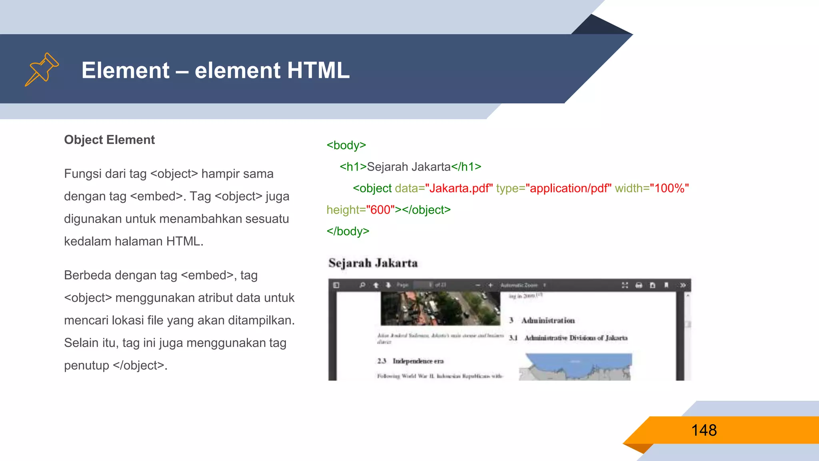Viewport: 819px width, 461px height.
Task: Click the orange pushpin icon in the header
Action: pyautogui.click(x=42, y=69)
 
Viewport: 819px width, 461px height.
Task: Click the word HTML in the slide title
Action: pyautogui.click(x=318, y=70)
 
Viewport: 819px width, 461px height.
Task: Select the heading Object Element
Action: pyautogui.click(x=109, y=140)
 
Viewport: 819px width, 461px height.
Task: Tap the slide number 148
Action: pyautogui.click(x=704, y=430)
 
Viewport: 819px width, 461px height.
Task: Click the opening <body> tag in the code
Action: pyautogui.click(x=346, y=145)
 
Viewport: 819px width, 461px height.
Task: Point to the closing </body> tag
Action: pyautogui.click(x=348, y=231)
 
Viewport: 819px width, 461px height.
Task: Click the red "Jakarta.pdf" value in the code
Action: pyautogui.click(x=459, y=188)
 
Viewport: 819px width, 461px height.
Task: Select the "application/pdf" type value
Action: pyautogui.click(x=568, y=188)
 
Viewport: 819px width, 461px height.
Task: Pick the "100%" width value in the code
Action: pyautogui.click(x=669, y=188)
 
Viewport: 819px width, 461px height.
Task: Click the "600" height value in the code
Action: pyautogui.click(x=380, y=210)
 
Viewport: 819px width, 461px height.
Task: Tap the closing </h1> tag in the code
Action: pyautogui.click(x=466, y=166)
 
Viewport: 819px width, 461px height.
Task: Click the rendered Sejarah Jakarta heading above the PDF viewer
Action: pyautogui.click(x=373, y=263)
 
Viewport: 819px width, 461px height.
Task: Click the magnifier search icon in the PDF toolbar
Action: pyautogui.click(x=362, y=285)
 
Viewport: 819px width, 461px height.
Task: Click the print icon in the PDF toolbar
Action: pyautogui.click(x=639, y=285)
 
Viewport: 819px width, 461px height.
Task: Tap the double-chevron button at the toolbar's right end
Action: pyautogui.click(x=683, y=285)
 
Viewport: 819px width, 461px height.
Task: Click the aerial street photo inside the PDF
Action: pyautogui.click(x=440, y=308)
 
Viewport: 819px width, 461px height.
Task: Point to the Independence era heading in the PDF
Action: pyautogui.click(x=417, y=361)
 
